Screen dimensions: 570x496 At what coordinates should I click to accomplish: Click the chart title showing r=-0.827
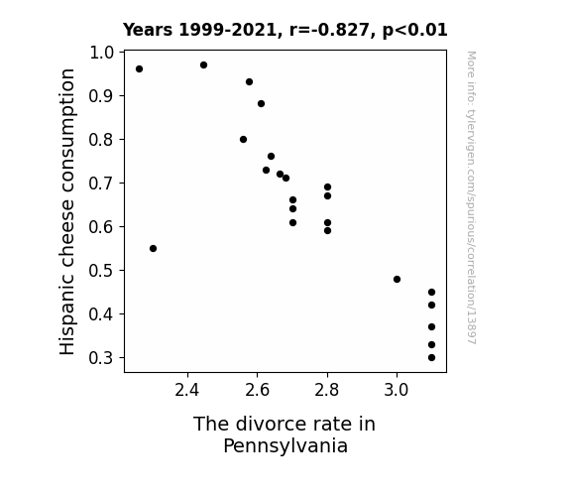point(285,30)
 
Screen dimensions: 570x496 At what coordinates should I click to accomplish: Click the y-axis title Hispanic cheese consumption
point(67,211)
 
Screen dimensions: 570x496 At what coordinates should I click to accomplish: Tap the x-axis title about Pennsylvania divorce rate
point(285,434)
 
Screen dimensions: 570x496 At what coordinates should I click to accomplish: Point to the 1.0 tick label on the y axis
point(101,53)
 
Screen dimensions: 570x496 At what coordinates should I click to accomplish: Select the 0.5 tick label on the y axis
point(101,271)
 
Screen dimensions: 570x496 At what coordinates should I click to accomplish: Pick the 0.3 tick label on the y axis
point(101,358)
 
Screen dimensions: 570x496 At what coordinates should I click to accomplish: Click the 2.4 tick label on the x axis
point(187,390)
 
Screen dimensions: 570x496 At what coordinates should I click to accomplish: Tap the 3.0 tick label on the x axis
point(397,390)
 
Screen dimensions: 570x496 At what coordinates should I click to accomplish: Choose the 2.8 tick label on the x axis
point(327,390)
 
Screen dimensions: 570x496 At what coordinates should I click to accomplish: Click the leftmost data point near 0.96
point(139,69)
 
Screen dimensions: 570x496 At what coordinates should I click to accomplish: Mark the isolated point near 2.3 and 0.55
point(153,249)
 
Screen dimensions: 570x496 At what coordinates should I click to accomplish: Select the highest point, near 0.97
point(203,65)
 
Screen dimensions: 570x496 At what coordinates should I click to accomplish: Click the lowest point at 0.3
point(431,358)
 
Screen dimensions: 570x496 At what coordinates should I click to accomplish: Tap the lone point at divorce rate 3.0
point(397,280)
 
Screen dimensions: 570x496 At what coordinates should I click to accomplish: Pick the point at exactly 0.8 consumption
point(243,139)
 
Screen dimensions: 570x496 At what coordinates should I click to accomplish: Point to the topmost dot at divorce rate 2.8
point(327,187)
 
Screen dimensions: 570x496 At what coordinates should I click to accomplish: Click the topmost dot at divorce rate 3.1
point(431,293)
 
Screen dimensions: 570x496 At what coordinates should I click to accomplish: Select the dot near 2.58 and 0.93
point(249,82)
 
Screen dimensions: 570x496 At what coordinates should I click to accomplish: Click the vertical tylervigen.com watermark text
point(472,197)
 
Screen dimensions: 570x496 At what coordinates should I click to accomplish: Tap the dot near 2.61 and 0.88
point(261,104)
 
